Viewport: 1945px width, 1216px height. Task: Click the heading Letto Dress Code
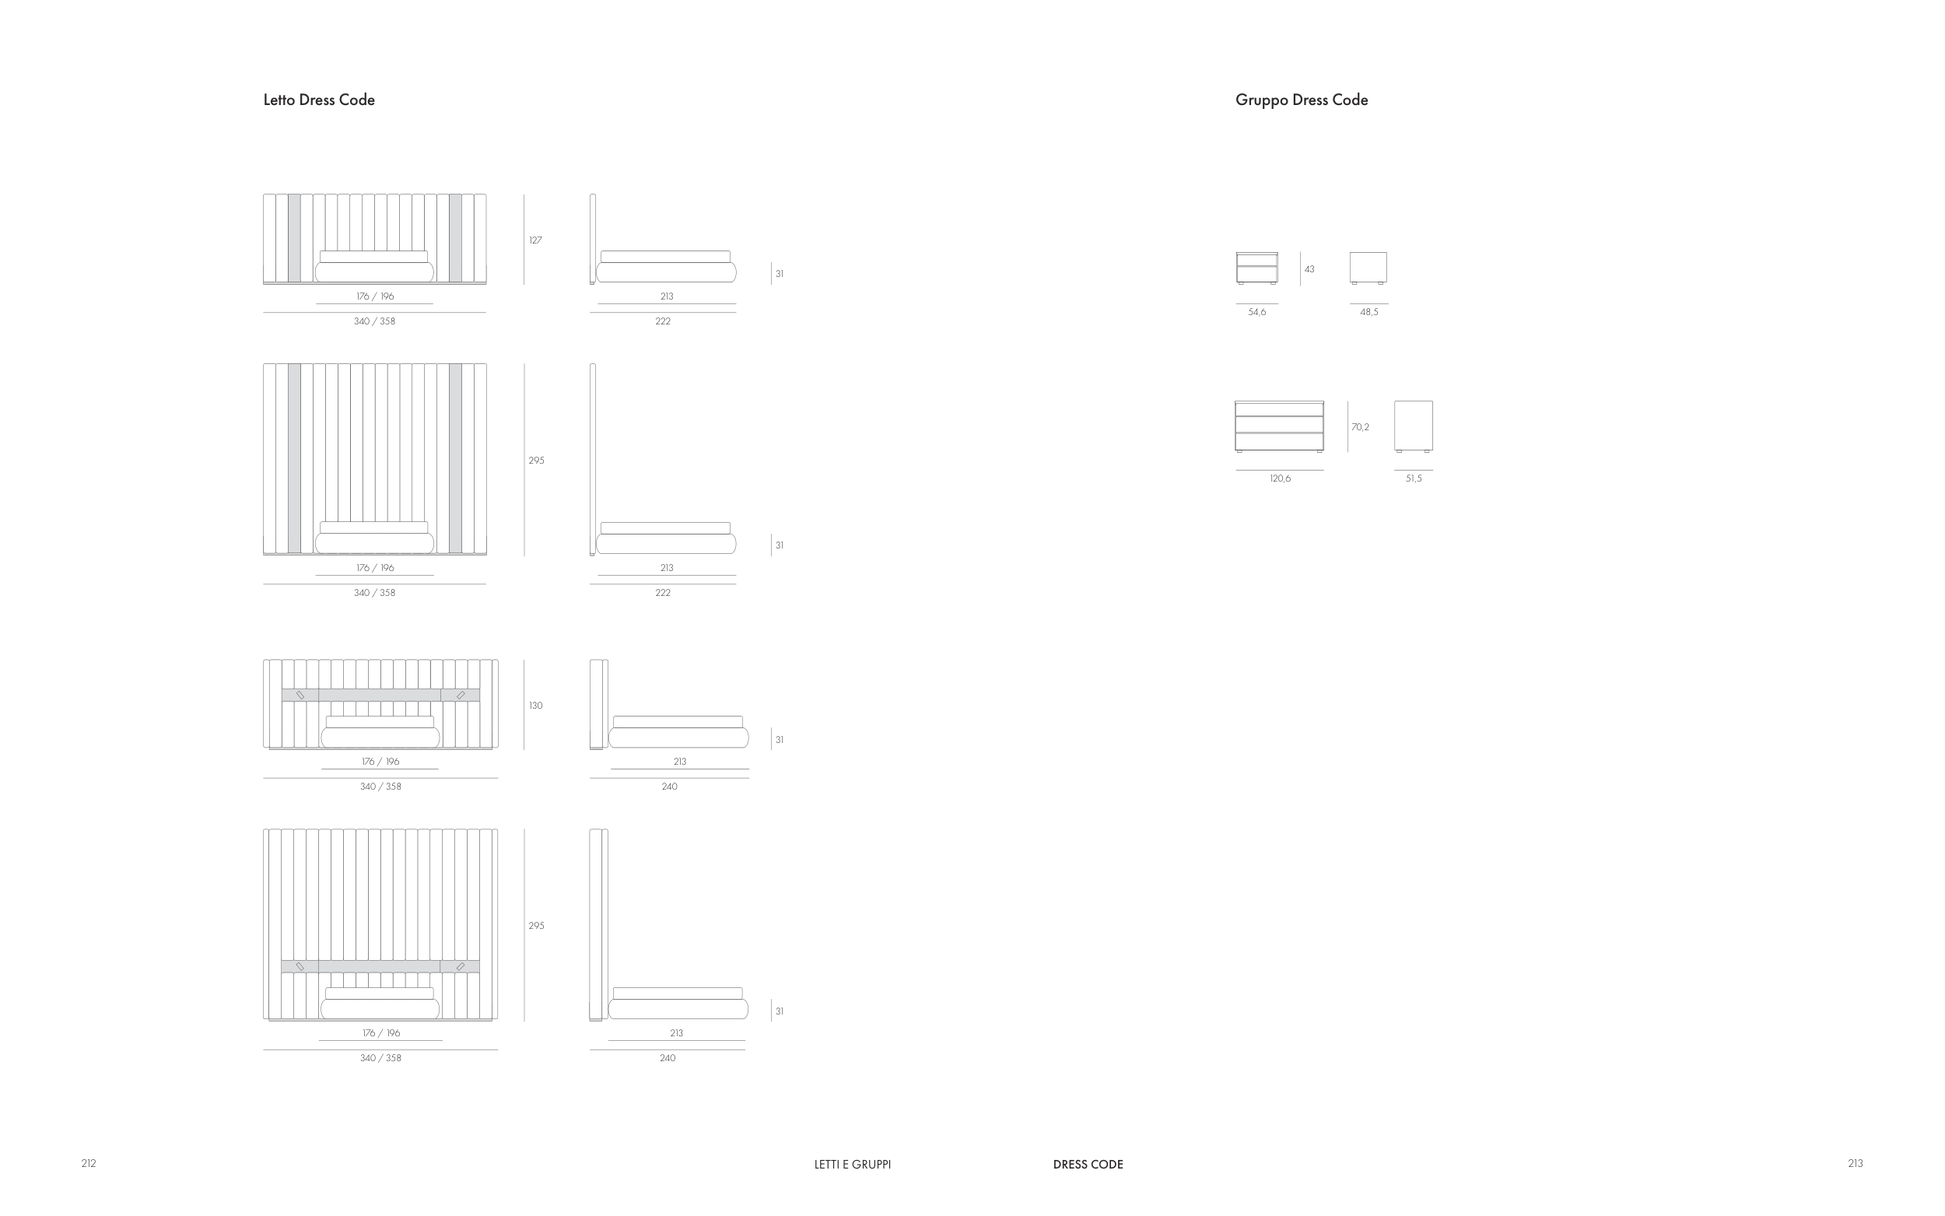[318, 100]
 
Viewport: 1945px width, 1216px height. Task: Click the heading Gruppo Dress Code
[1301, 100]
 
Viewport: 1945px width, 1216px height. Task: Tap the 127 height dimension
[535, 240]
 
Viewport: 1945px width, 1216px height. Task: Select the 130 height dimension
[535, 706]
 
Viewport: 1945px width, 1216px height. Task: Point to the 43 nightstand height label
[1309, 269]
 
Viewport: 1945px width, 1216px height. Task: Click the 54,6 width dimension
[1256, 312]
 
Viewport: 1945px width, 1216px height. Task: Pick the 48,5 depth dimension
[1369, 312]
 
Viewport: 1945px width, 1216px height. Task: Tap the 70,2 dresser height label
[1360, 427]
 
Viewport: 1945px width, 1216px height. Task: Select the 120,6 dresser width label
[1280, 478]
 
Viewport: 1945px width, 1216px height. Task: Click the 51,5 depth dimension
[1414, 478]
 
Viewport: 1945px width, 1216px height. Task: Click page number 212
[89, 1163]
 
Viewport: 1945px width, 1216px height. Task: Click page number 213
[1855, 1163]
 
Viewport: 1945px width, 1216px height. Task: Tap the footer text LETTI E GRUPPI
[852, 1164]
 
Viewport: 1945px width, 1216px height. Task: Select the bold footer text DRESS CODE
[1088, 1164]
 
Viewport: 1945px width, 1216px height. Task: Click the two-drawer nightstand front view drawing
[1256, 268]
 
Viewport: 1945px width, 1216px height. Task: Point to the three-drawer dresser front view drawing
[1279, 426]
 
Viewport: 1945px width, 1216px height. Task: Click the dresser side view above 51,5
[1414, 426]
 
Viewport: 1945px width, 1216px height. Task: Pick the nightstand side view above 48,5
[1369, 267]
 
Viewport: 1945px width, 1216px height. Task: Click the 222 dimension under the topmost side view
[663, 321]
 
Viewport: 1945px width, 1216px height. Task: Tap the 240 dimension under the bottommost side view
[668, 1057]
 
